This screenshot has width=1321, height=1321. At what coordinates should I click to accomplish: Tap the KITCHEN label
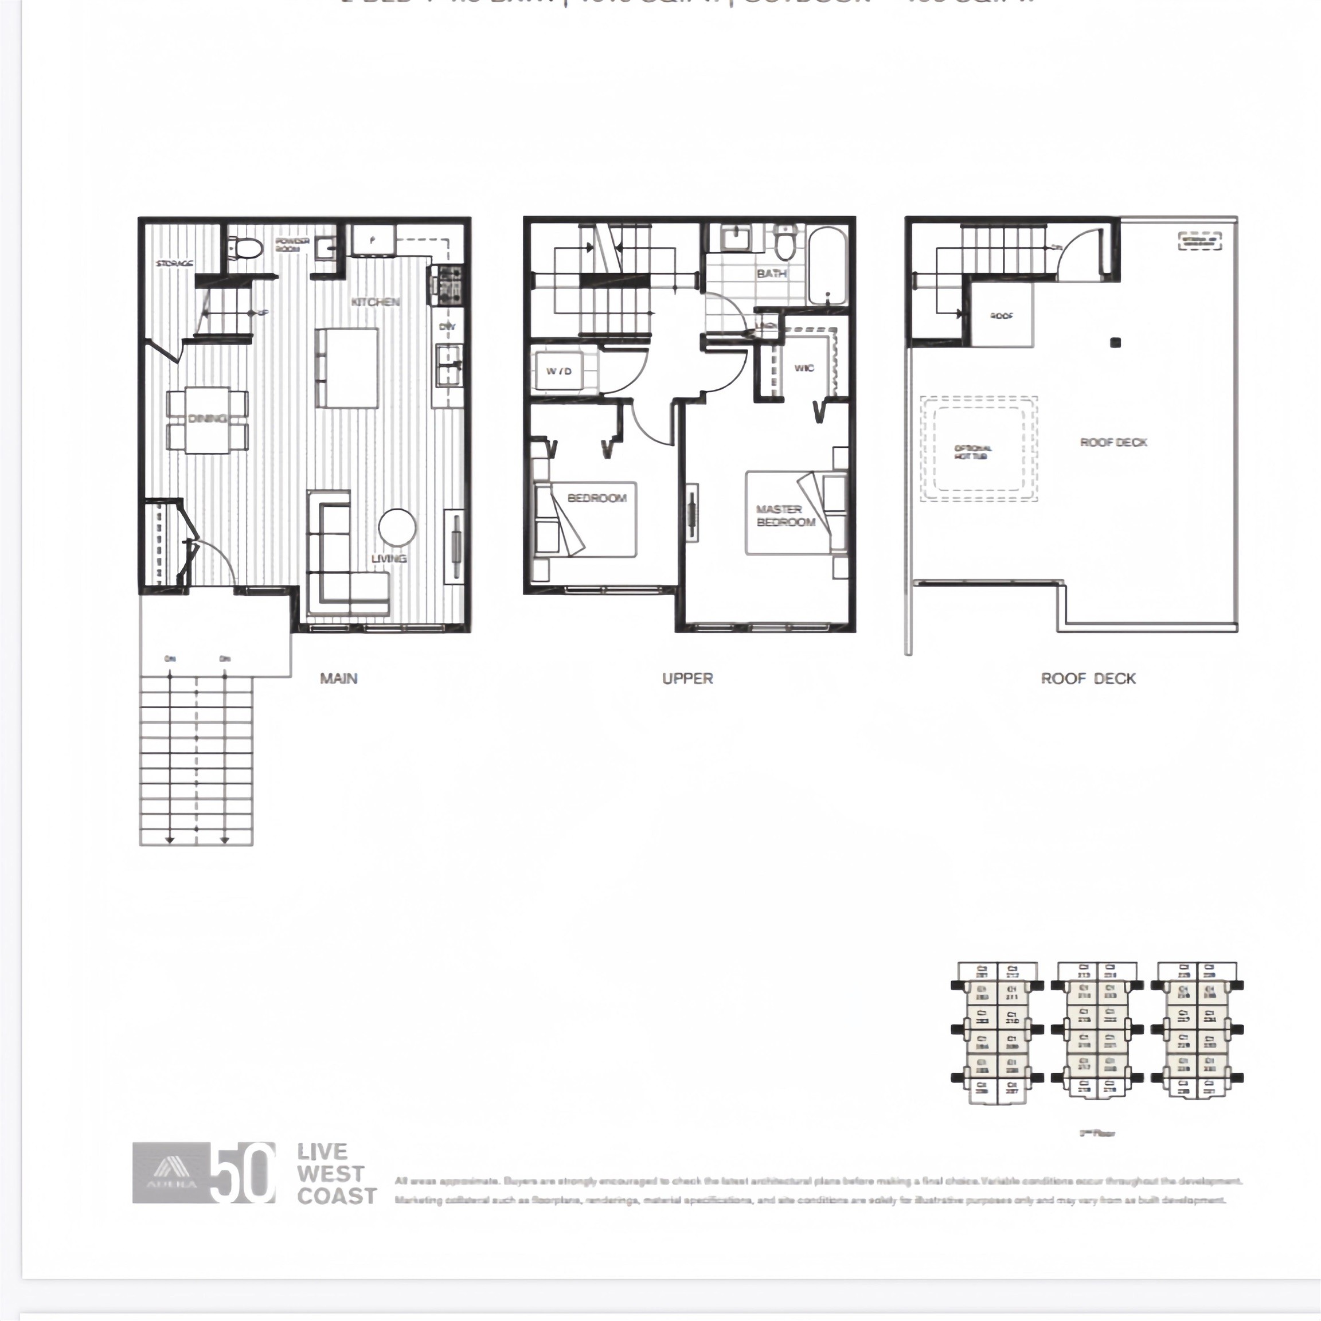[376, 302]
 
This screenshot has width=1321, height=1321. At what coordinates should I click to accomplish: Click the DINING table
[207, 419]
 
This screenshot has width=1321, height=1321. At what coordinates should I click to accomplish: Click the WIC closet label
[804, 368]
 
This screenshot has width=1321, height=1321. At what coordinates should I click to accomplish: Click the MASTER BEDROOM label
[785, 516]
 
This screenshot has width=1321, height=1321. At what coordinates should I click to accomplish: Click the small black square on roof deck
[1115, 342]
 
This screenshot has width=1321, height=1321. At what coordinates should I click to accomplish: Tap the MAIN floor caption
[338, 678]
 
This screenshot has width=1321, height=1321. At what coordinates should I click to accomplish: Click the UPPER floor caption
[687, 678]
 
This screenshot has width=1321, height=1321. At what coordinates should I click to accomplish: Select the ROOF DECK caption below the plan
[1088, 678]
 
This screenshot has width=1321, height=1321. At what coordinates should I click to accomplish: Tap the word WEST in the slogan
[330, 1174]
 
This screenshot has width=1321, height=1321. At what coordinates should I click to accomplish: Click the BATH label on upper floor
[771, 273]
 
